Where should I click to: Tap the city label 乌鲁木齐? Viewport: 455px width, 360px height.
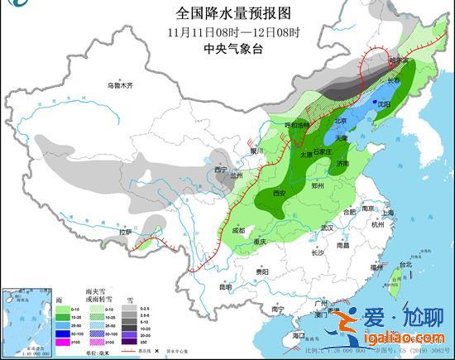click(120, 85)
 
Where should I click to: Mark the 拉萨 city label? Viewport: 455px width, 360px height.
click(125, 233)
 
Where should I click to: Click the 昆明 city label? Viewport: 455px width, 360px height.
click(224, 286)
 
